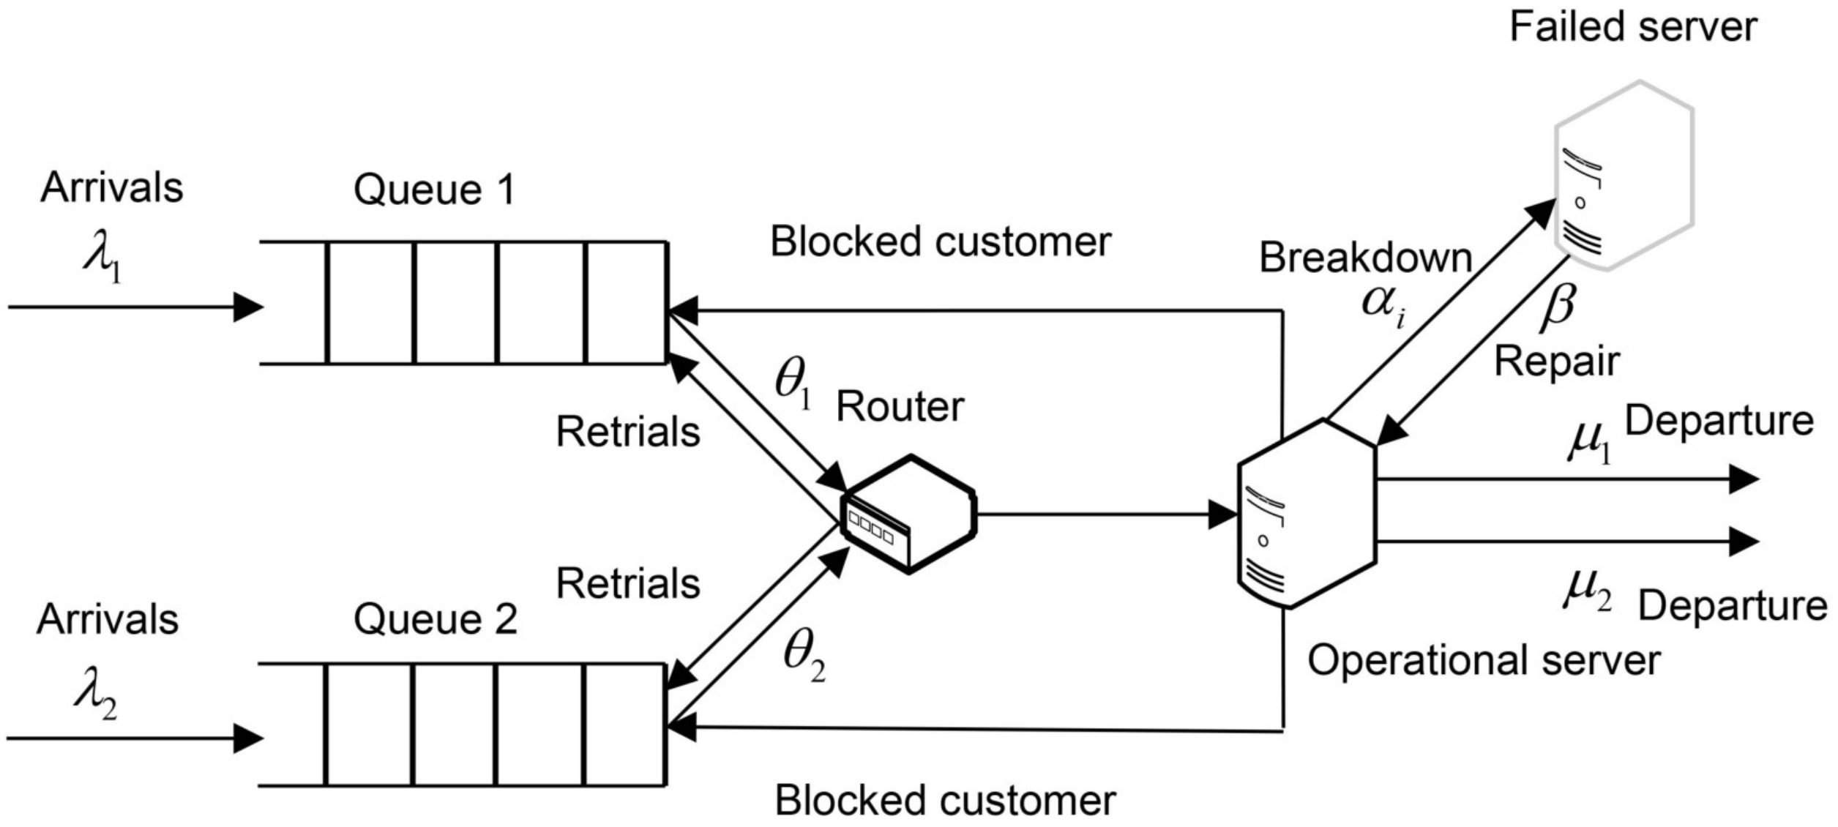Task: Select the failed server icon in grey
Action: (x=1624, y=176)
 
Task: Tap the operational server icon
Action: (x=1307, y=514)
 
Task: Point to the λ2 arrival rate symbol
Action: (x=95, y=700)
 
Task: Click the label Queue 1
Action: (x=435, y=190)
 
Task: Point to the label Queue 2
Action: (x=435, y=620)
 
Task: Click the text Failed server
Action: (x=1633, y=28)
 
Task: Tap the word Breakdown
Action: (x=1365, y=258)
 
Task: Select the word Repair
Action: (x=1557, y=362)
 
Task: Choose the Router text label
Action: (x=900, y=407)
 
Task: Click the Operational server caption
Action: (x=1484, y=661)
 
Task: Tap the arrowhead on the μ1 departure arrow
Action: (x=1744, y=479)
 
